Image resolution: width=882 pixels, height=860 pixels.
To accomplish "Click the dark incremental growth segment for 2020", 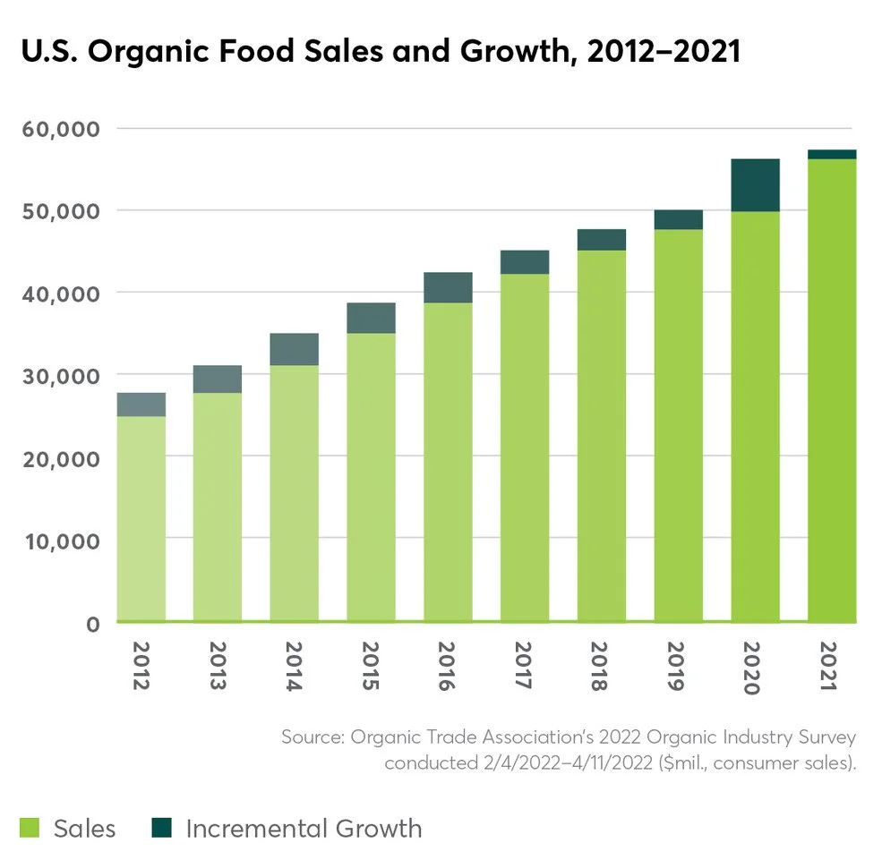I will [x=755, y=185].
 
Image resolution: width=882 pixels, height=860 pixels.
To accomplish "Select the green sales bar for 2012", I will [x=141, y=519].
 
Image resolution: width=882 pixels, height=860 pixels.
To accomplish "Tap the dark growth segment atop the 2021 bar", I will [x=832, y=154].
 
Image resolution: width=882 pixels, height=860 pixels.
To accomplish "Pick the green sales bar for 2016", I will [x=448, y=462].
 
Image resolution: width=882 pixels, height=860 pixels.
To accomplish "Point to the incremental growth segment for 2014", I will [x=294, y=349].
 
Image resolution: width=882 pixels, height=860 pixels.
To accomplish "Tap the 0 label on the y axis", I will [x=92, y=624].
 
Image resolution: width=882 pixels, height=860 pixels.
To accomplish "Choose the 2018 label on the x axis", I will [x=602, y=665].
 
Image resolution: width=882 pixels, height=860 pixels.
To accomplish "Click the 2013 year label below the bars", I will [x=218, y=665].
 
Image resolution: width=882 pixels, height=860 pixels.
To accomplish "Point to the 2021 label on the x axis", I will [x=832, y=665].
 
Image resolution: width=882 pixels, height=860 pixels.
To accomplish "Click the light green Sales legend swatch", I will [x=30, y=828].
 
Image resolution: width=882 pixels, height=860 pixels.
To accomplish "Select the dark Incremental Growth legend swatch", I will [x=161, y=828].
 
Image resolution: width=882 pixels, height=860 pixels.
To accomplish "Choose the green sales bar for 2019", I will [x=678, y=425].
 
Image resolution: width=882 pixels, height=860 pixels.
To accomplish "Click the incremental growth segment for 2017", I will [x=525, y=262].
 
